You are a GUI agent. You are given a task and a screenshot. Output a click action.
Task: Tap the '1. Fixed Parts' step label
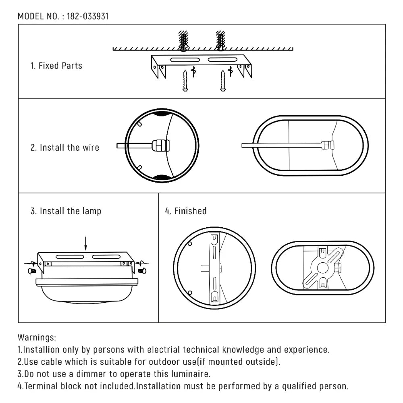pos(56,66)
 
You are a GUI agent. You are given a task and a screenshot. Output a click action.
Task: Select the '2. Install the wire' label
pos(64,147)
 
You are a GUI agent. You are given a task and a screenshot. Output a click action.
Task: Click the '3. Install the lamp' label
pos(66,211)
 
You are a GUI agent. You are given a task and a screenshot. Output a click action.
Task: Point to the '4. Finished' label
pos(186,211)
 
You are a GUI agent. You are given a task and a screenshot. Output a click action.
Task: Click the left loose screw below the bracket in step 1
pos(185,81)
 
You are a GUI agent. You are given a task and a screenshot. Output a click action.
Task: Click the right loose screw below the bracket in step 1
pos(222,81)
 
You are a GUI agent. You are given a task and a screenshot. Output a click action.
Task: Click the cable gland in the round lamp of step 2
pos(160,145)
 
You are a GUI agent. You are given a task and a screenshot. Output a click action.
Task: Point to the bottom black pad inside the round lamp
pos(162,177)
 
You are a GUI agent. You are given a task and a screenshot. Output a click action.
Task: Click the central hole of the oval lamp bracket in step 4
pos(322,268)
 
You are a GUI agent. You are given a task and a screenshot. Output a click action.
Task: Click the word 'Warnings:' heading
pos(37,337)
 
